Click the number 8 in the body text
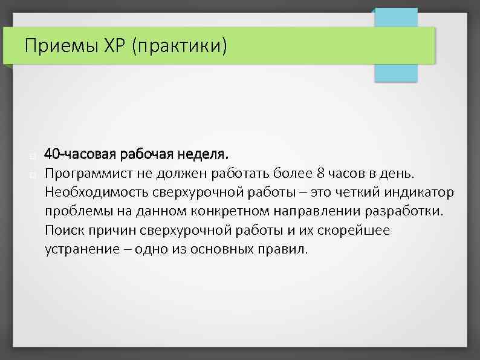(320, 174)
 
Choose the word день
(399, 174)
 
